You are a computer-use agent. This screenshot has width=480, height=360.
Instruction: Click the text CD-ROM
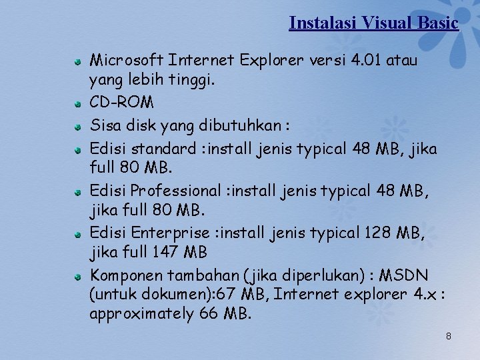pos(121,103)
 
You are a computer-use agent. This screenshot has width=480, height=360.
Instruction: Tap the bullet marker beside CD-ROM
pos(78,104)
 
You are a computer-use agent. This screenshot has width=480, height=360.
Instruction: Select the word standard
pos(166,148)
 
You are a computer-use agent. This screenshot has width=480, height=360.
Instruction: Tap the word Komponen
pos(126,275)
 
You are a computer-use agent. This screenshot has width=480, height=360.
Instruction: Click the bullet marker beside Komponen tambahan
pos(78,275)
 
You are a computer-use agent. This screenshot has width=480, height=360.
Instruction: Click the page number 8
pos(448,336)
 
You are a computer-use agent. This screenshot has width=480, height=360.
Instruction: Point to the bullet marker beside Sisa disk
pos(78,126)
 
